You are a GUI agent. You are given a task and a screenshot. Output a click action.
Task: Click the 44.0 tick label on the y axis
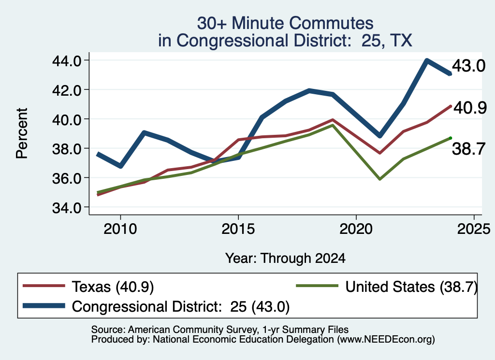(67, 60)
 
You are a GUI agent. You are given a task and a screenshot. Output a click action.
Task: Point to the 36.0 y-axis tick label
(67, 178)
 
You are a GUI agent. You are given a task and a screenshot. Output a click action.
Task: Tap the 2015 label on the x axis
(238, 229)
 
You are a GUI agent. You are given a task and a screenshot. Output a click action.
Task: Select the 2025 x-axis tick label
(474, 229)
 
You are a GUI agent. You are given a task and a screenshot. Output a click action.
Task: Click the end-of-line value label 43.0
(468, 66)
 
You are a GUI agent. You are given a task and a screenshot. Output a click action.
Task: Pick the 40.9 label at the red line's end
(470, 108)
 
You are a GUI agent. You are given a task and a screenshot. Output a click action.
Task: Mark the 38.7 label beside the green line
(468, 149)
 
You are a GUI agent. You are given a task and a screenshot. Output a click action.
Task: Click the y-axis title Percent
(22, 133)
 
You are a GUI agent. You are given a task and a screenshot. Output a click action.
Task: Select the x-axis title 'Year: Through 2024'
(285, 258)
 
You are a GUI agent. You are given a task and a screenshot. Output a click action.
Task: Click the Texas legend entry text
(113, 287)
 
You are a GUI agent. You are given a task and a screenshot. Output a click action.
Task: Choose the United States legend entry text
(411, 287)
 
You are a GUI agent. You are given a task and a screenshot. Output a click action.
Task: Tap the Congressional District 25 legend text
(181, 306)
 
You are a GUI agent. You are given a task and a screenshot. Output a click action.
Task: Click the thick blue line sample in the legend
(44, 306)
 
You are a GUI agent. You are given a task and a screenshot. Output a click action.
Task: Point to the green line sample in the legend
(317, 286)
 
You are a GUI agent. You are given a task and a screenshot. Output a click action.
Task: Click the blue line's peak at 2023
(427, 60)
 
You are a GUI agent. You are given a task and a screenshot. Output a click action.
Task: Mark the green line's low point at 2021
(380, 179)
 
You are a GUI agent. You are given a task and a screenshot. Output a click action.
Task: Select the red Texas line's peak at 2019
(333, 120)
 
